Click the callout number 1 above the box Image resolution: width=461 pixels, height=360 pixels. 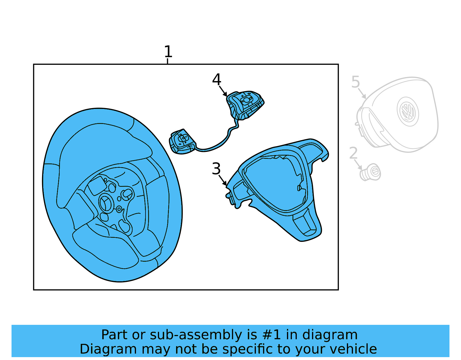click(x=168, y=52)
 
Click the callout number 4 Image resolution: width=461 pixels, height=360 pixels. click(x=216, y=79)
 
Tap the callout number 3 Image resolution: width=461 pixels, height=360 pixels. click(x=216, y=169)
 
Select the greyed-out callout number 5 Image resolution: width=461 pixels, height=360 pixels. click(x=356, y=82)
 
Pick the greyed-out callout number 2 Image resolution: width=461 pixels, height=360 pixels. click(x=353, y=153)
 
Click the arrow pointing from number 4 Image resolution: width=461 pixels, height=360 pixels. click(x=223, y=91)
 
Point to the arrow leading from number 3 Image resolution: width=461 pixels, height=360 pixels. click(x=222, y=180)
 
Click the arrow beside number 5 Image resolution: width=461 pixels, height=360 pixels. click(x=362, y=93)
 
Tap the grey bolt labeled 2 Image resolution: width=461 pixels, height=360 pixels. click(x=371, y=172)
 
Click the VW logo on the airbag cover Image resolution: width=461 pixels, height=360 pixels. click(x=408, y=111)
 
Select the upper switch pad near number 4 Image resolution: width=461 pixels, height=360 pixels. click(x=245, y=104)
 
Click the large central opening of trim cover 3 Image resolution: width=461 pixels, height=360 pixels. click(x=274, y=182)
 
